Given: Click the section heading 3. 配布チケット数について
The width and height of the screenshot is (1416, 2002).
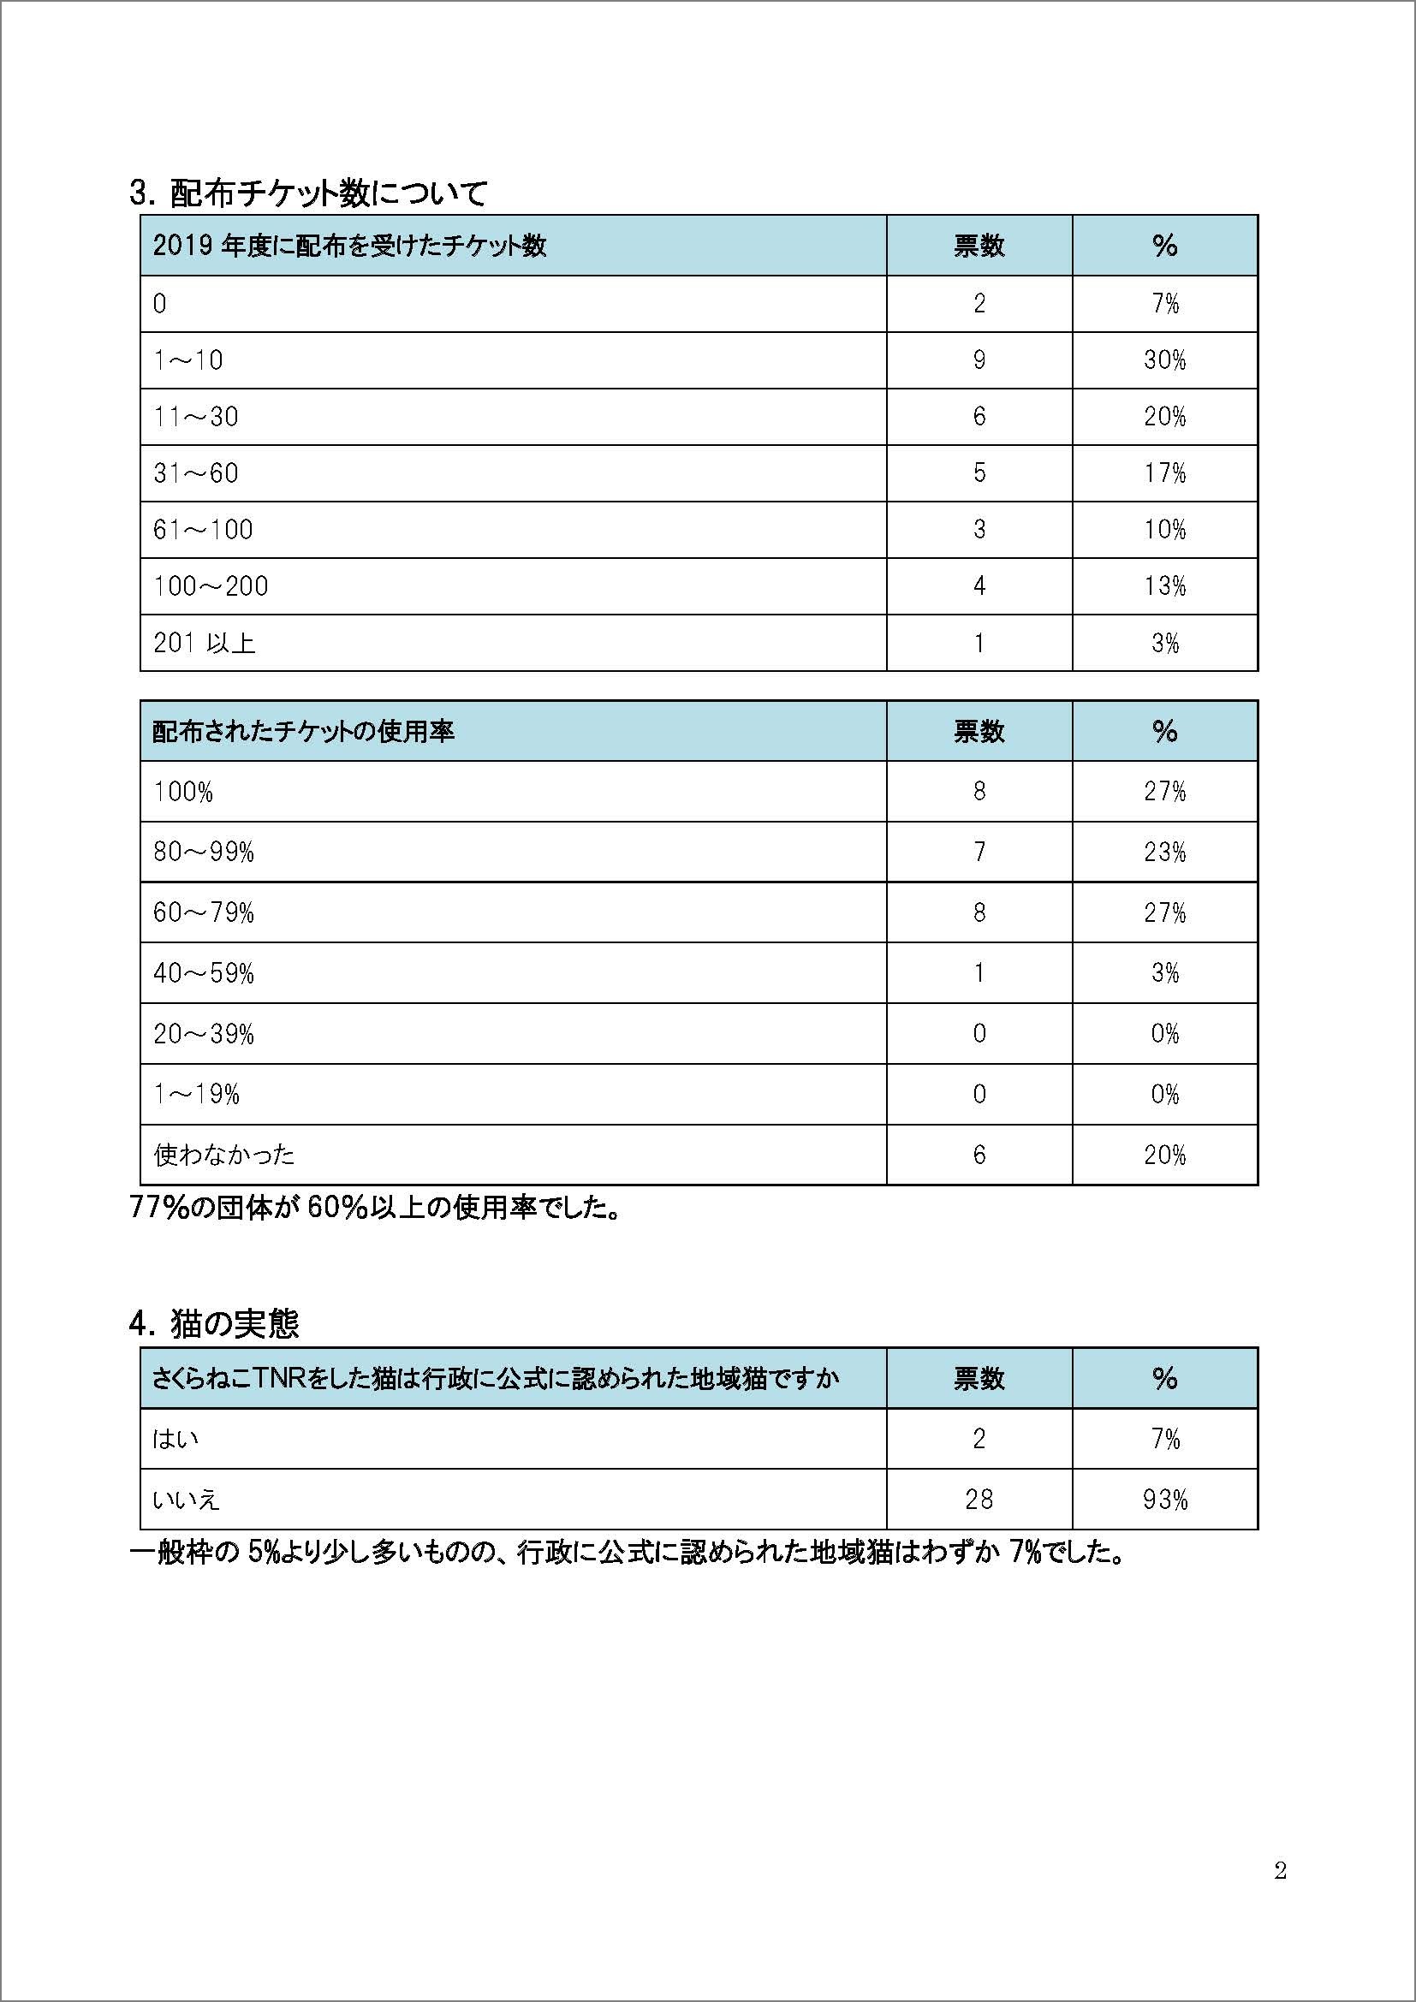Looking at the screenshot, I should point(308,193).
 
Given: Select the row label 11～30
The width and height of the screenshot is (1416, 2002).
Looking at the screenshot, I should point(195,417).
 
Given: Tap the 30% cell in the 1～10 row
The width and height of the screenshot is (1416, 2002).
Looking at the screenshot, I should point(1164,360).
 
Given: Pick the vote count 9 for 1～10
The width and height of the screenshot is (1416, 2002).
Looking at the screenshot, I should point(979,360).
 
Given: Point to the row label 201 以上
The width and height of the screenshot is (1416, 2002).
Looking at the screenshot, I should point(204,644).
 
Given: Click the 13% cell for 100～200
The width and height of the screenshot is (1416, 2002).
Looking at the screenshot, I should point(1164,586).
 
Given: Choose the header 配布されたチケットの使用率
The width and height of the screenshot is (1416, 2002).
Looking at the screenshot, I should point(303,731).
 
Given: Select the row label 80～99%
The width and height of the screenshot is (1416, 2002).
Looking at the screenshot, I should point(203,852).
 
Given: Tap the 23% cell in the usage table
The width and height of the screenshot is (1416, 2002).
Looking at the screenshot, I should point(1164,852).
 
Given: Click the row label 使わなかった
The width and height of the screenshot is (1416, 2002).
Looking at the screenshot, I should point(224,1155).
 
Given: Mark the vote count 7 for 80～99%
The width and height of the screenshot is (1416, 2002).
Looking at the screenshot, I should point(979,852).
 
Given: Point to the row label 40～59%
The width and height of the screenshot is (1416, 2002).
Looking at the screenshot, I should point(203,973).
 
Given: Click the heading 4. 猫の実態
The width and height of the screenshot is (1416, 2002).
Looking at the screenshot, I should point(214,1324).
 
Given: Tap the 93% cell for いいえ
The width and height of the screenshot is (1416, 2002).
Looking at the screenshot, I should point(1164,1500).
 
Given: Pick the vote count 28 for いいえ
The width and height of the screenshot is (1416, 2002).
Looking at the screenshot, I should point(979,1500).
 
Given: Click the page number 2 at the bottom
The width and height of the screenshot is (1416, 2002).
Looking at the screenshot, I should point(1280,1870).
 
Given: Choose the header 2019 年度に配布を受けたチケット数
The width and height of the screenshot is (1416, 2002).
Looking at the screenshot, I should point(349,246).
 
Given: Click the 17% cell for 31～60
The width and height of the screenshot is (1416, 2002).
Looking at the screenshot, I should point(1164,473).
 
